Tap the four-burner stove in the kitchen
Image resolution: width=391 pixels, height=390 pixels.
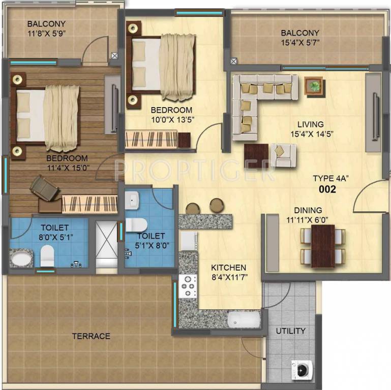[189, 286]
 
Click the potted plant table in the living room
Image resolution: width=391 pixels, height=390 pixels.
[314, 85]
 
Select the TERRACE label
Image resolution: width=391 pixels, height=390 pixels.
[91, 336]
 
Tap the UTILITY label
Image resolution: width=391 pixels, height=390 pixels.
[290, 331]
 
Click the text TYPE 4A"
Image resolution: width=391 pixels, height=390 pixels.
[330, 178]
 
